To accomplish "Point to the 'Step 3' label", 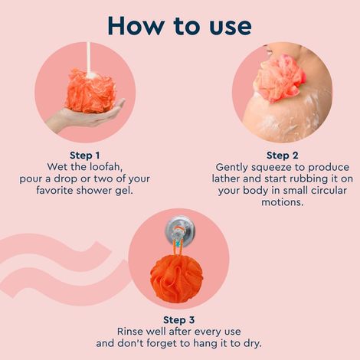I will [179, 319].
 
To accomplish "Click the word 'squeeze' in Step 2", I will [273, 166].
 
